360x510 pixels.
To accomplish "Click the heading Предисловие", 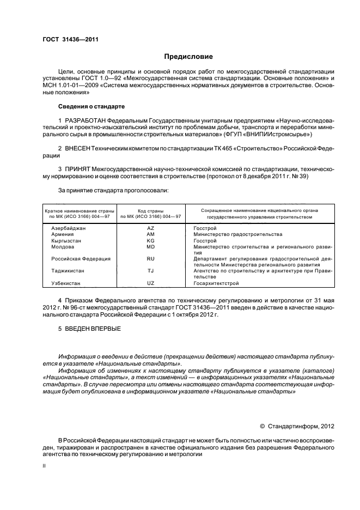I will click(x=188, y=57).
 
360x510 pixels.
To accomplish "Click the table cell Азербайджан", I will click(x=69, y=228).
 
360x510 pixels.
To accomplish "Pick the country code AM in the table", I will click(x=151, y=234).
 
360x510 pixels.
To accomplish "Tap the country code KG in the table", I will click(x=151, y=240).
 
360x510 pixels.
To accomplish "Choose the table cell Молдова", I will click(x=62, y=246).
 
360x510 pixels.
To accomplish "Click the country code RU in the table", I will click(x=151, y=258).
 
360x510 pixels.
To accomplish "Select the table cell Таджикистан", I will click(x=68, y=270).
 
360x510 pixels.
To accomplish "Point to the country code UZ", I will click(x=151, y=283).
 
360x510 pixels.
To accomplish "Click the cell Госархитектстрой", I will click(x=216, y=283).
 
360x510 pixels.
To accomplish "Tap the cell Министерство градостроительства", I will click(x=237, y=234).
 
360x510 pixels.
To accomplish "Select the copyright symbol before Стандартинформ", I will click(x=262, y=426).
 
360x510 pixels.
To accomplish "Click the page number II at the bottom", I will click(x=45, y=467).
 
